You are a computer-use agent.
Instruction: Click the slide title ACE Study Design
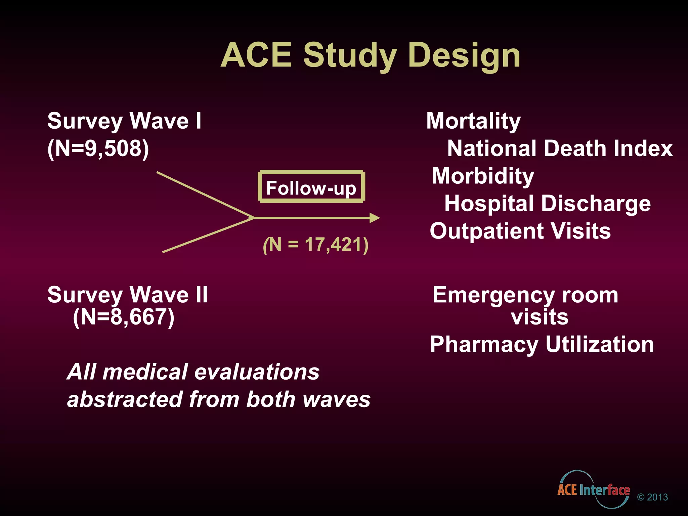(x=370, y=55)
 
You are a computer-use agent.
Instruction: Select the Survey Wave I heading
(x=124, y=121)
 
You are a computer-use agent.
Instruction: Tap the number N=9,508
(x=98, y=148)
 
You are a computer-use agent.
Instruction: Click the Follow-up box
(x=311, y=187)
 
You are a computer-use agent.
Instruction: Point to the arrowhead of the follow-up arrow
(x=375, y=218)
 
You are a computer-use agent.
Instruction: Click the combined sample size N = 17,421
(x=316, y=245)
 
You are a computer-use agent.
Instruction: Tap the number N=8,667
(x=124, y=317)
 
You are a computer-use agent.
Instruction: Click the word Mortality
(x=473, y=121)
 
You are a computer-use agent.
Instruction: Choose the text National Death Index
(x=560, y=148)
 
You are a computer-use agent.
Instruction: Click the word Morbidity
(x=483, y=176)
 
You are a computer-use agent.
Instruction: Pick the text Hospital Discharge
(x=547, y=204)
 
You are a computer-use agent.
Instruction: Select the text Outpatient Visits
(x=520, y=231)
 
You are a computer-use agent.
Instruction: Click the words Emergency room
(x=525, y=295)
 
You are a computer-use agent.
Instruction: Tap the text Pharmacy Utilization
(x=542, y=344)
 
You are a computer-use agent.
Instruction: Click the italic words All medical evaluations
(x=193, y=372)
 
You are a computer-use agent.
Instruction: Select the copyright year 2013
(x=657, y=497)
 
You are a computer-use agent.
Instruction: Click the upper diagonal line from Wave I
(x=205, y=195)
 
